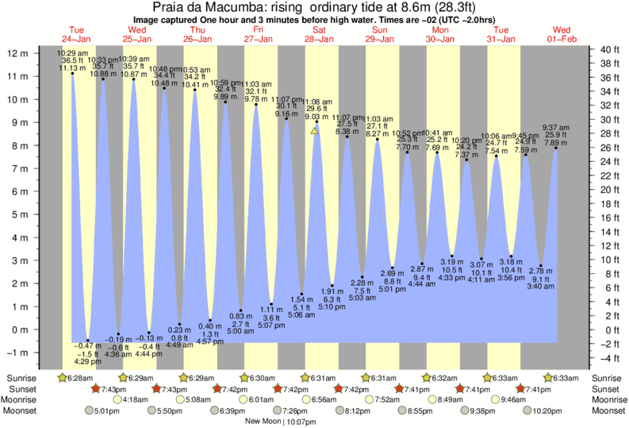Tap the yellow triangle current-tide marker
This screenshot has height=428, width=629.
coord(316,129)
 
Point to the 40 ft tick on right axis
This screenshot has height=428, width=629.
coord(608,49)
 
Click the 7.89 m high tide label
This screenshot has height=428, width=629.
coord(555,143)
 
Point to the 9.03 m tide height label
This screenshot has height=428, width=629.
coord(317,117)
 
